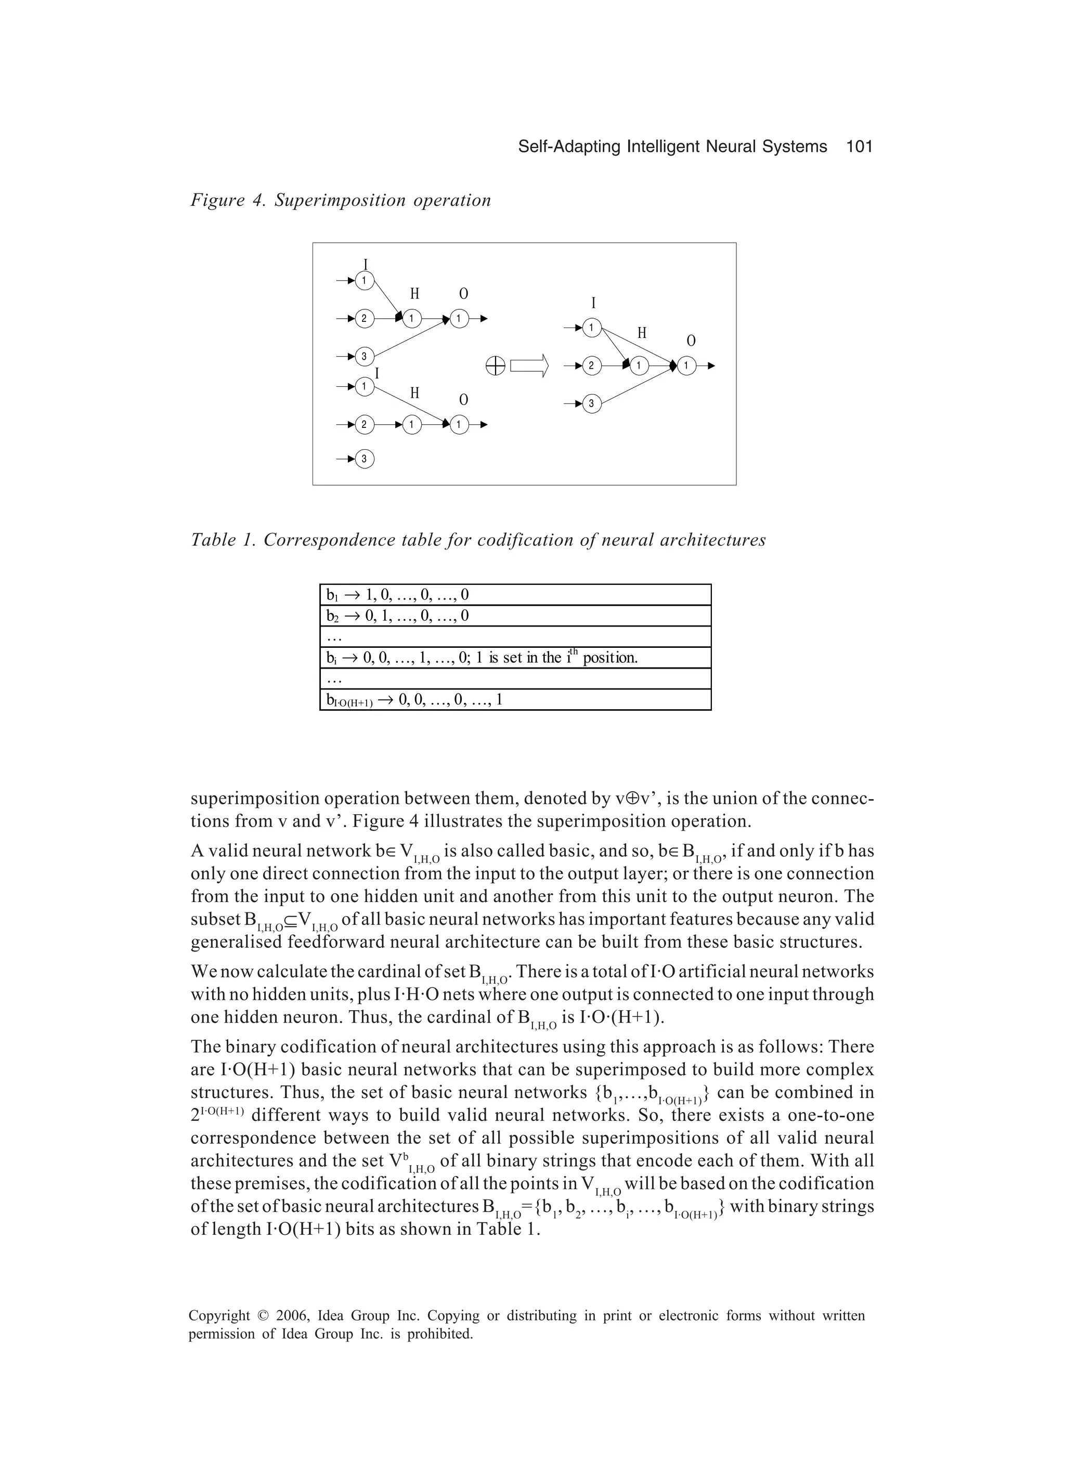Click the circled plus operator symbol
pyautogui.click(x=495, y=367)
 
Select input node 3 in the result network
pyautogui.click(x=591, y=404)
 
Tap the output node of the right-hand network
pyautogui.click(x=687, y=366)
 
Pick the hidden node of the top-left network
pyautogui.click(x=412, y=319)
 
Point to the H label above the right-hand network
pyautogui.click(x=642, y=333)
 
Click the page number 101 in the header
pyautogui.click(x=859, y=147)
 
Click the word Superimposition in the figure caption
pyautogui.click(x=341, y=200)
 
